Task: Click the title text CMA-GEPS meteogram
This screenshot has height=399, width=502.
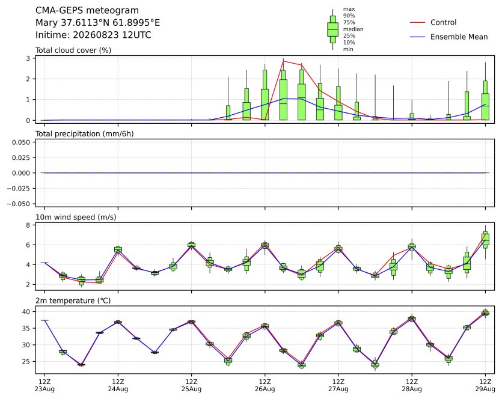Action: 87,11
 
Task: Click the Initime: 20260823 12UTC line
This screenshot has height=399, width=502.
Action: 93,35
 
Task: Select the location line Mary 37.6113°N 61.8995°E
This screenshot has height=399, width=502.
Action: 97,23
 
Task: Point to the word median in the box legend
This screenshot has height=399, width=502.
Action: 353,29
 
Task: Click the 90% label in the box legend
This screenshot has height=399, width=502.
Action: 349,16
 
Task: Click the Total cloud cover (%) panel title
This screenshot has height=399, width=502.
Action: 73,50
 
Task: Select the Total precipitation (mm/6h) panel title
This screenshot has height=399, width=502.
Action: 85,134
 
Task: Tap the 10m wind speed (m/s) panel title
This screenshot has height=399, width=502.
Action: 76,218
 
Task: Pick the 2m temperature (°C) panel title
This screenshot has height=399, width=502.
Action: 73,301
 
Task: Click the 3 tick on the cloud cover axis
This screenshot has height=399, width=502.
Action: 28,58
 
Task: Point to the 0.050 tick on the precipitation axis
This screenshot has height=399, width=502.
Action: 21,142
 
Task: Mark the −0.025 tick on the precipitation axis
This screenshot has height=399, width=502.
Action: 19,189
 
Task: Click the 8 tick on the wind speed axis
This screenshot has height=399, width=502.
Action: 28,225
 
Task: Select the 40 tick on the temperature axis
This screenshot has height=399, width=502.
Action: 26,312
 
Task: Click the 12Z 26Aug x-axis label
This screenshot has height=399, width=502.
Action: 265,385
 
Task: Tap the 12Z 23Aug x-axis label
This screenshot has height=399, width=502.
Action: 44,385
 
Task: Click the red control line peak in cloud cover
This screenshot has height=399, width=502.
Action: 283,61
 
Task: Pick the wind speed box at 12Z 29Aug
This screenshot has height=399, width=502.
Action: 485,240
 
